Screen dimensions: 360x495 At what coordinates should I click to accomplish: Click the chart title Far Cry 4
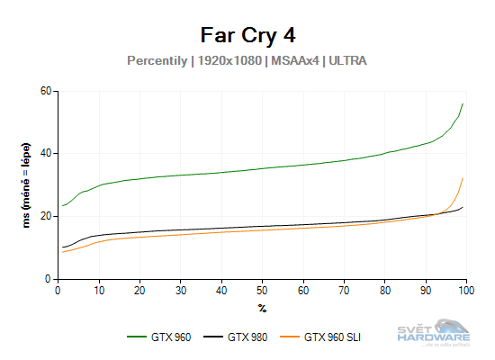[x=247, y=35]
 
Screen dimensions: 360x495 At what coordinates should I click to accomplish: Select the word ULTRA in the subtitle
[x=347, y=61]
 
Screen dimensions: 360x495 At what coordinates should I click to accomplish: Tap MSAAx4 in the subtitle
[x=298, y=61]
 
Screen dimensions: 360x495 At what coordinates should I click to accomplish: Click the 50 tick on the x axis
[x=262, y=289]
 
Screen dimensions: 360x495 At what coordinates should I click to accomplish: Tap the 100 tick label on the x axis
[x=465, y=289]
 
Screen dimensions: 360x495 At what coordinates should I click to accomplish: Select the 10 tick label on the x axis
[x=99, y=289]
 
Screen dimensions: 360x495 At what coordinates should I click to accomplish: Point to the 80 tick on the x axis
[x=384, y=289]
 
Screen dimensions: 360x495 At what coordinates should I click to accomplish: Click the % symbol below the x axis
[x=262, y=307]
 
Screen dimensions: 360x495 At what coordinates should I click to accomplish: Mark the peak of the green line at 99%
[x=463, y=103]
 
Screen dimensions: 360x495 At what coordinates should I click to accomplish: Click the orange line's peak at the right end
[x=463, y=178]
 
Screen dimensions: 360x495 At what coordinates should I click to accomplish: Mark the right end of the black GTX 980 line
[x=463, y=208]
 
